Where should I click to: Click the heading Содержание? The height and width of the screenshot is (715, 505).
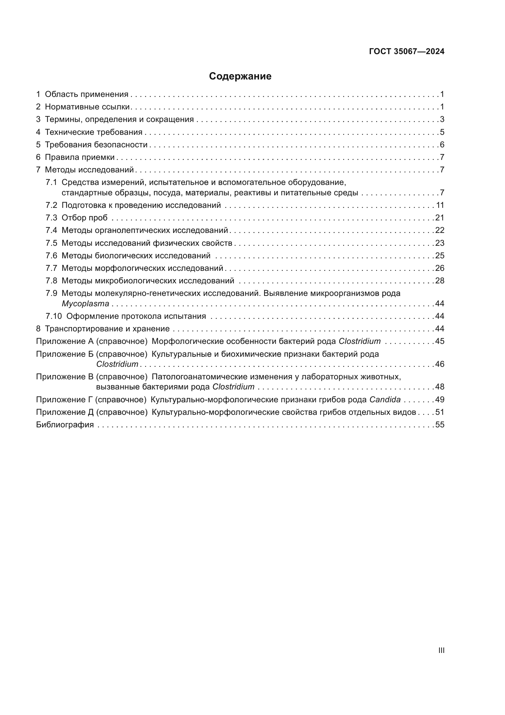pyautogui.click(x=240, y=76)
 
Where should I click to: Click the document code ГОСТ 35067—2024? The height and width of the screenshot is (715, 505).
pyautogui.click(x=407, y=52)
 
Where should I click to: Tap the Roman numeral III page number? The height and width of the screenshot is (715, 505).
pyautogui.click(x=441, y=651)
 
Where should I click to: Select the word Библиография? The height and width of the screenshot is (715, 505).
pyautogui.click(x=65, y=425)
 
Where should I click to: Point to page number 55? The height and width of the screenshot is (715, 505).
pyautogui.click(x=440, y=425)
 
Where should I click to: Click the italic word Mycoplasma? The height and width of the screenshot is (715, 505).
pyautogui.click(x=85, y=304)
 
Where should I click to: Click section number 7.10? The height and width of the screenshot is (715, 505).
pyautogui.click(x=54, y=316)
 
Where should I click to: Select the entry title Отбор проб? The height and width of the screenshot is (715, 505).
pyautogui.click(x=85, y=218)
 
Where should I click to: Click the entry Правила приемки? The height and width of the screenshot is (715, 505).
pyautogui.click(x=80, y=157)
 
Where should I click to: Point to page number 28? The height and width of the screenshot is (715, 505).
pyautogui.click(x=440, y=281)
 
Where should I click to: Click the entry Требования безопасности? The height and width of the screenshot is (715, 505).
pyautogui.click(x=96, y=145)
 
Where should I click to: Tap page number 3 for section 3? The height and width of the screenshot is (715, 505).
pyautogui.click(x=442, y=120)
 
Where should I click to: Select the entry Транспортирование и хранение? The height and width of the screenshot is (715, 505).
pyautogui.click(x=107, y=329)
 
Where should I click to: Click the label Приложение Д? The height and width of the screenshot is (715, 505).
pyautogui.click(x=65, y=412)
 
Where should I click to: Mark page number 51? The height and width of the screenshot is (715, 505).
pyautogui.click(x=440, y=412)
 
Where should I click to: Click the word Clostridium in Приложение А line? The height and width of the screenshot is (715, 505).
pyautogui.click(x=359, y=341)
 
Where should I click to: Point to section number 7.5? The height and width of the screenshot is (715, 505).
pyautogui.click(x=51, y=243)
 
